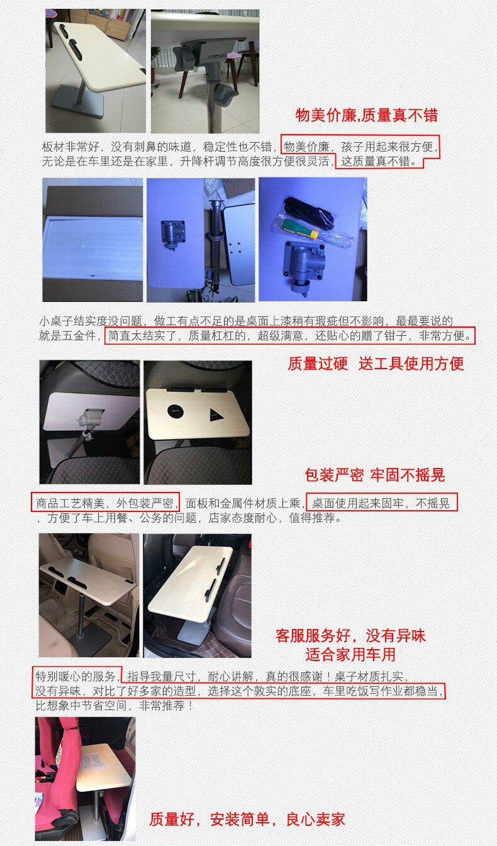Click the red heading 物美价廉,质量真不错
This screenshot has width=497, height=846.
(366, 115)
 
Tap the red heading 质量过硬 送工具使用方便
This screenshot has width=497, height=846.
(376, 364)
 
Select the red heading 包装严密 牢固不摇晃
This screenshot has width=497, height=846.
(375, 475)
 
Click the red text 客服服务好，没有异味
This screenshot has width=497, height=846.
(350, 636)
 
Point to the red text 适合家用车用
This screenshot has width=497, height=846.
(350, 655)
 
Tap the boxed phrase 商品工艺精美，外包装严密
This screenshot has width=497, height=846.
(105, 503)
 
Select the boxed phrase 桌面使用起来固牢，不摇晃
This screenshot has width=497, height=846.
(381, 503)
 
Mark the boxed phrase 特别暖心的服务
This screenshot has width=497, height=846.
(75, 676)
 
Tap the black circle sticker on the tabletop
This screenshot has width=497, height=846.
(176, 411)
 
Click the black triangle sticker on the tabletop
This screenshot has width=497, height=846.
(215, 415)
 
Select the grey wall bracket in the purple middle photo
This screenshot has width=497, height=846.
(174, 234)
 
